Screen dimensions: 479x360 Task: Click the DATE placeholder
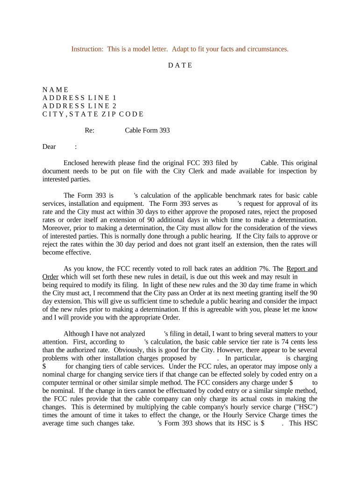click(180, 65)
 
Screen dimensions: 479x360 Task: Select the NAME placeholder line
click(55, 90)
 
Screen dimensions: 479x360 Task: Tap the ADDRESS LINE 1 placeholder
click(79, 98)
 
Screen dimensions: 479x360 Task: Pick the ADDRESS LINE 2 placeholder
click(79, 106)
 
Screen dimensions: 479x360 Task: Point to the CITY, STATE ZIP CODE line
click(93, 114)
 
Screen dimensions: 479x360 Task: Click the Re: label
click(89, 131)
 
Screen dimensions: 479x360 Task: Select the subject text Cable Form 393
click(147, 131)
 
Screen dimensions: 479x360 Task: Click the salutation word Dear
click(49, 147)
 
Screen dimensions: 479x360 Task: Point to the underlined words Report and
click(302, 269)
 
